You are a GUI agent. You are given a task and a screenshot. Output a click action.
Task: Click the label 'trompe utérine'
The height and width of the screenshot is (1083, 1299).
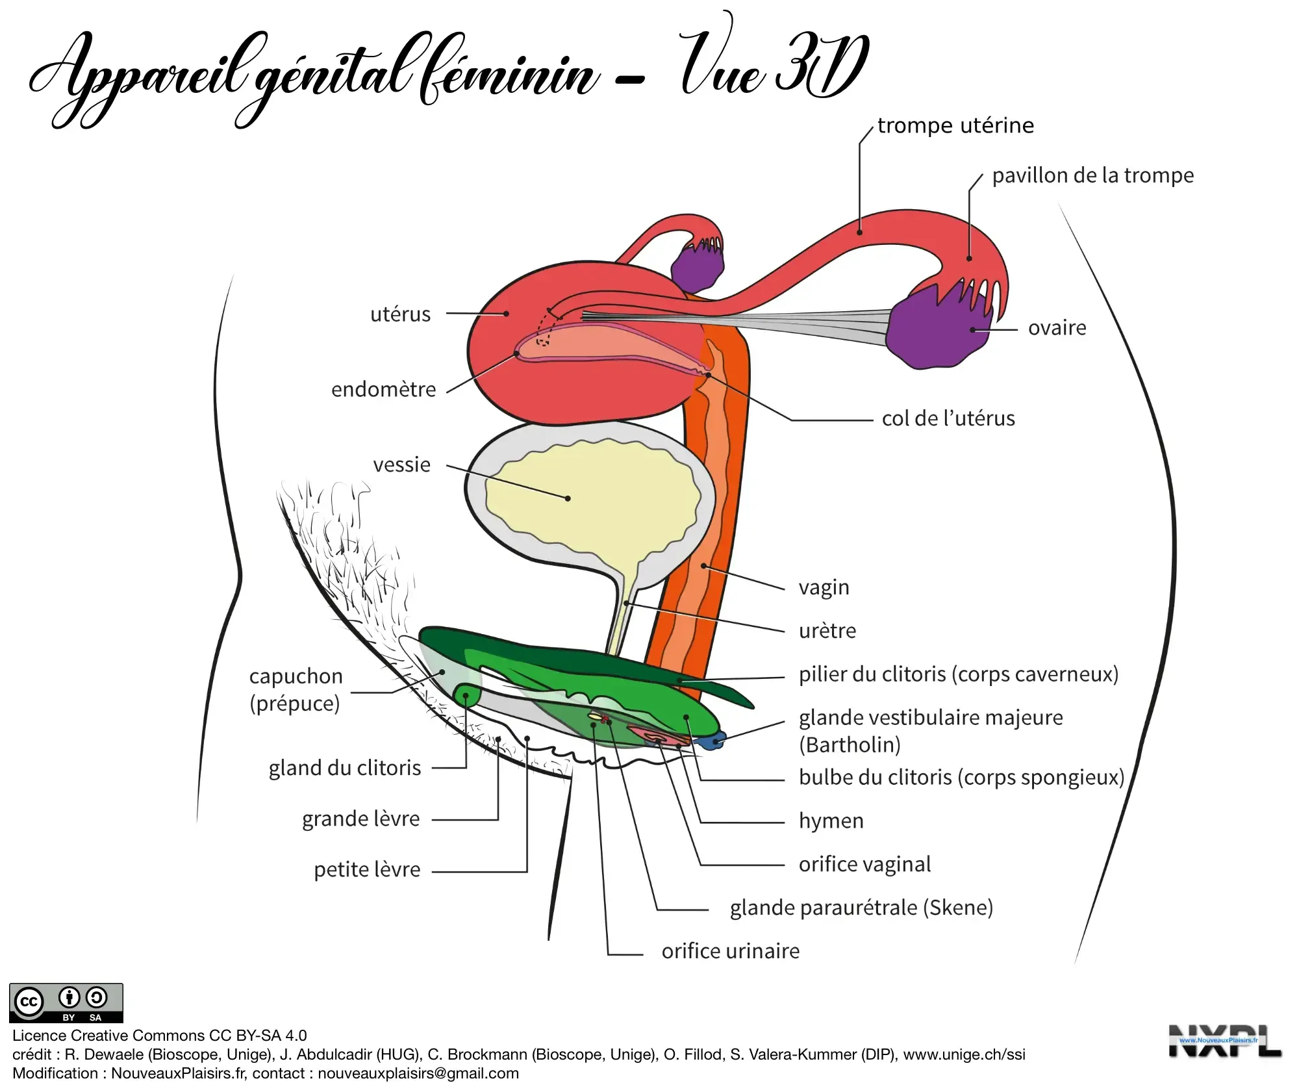point(955,125)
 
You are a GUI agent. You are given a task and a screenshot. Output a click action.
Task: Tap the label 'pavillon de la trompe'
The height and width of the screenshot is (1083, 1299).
point(1092,175)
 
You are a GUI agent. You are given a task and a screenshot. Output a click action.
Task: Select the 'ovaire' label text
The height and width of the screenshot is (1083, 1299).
point(1057,328)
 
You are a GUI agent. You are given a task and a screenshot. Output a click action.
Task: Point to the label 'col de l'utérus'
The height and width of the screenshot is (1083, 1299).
point(948,418)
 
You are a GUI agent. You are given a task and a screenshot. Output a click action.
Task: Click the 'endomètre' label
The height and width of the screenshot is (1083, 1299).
point(383,389)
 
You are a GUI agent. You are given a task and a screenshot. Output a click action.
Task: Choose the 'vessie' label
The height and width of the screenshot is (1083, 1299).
point(401,465)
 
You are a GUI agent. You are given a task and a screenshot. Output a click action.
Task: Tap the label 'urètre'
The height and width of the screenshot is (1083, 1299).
point(827,631)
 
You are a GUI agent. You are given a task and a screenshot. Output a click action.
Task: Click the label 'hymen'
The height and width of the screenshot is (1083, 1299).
point(831,821)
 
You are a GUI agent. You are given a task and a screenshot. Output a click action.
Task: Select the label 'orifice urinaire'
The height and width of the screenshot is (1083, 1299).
point(730,951)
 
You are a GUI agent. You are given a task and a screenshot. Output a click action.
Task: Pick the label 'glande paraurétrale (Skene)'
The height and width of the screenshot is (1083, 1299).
point(861,908)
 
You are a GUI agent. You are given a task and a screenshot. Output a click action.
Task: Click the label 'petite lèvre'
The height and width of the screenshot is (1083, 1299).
point(367,869)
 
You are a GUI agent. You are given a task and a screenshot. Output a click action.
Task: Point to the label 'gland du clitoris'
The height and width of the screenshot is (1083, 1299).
point(345,768)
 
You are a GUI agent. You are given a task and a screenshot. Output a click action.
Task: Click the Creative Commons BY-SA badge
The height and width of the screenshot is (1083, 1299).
point(66,1002)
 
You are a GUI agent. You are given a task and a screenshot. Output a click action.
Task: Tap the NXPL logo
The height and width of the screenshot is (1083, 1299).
point(1224,1041)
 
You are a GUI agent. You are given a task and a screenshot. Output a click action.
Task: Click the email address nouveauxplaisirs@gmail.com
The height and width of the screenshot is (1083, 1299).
point(418,1073)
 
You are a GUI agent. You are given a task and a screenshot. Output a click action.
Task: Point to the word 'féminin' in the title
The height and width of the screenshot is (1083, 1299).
point(507,75)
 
